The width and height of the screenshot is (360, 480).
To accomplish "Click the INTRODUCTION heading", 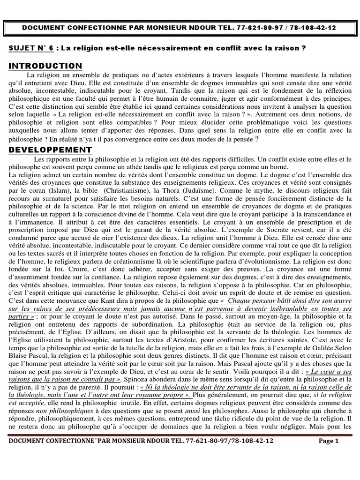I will click(45, 66).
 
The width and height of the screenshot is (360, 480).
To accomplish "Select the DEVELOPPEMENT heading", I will click(50, 150).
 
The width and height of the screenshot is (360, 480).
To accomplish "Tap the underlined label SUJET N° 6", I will click(31, 48).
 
